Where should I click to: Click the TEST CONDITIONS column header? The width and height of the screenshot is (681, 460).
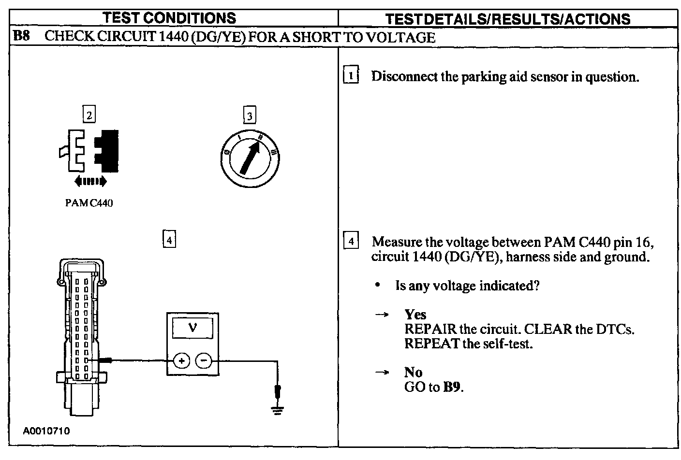click(170, 18)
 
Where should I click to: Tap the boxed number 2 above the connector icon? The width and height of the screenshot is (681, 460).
click(89, 115)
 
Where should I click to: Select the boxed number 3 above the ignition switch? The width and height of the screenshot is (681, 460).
click(249, 115)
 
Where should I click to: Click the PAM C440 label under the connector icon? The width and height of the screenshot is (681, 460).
click(89, 203)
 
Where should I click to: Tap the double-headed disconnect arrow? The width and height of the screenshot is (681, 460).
click(90, 181)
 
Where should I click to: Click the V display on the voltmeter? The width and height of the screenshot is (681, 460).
click(192, 328)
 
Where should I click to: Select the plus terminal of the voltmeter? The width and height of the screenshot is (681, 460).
click(181, 360)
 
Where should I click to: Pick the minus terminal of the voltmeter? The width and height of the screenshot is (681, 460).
click(204, 360)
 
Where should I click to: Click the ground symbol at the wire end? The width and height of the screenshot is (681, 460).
click(277, 411)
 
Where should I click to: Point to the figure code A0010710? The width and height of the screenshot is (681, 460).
click(46, 431)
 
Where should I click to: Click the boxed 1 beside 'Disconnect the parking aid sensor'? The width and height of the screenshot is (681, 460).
click(351, 76)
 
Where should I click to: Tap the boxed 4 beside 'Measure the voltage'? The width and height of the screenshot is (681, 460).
click(351, 241)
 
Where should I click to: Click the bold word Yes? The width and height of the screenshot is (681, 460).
click(415, 315)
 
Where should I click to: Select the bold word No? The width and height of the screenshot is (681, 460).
click(414, 372)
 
